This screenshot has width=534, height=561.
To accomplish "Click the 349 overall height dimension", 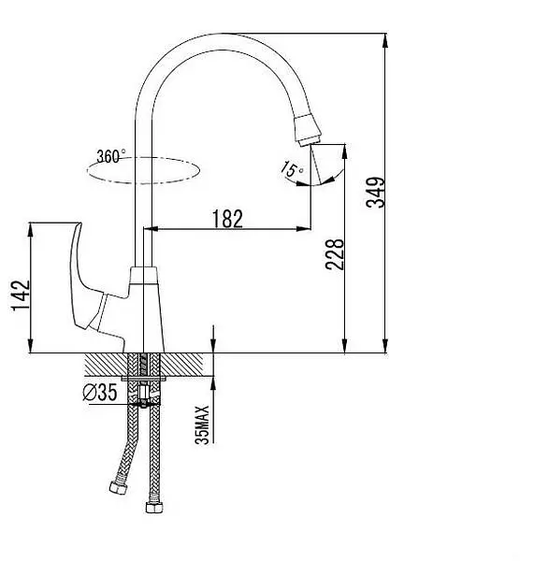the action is click(375, 192).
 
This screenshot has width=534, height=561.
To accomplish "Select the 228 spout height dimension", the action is click(335, 254).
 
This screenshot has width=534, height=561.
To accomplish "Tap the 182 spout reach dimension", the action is click(227, 219).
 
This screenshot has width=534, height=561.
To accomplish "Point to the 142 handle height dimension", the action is click(21, 295).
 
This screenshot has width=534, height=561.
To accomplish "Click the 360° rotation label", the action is click(111, 156).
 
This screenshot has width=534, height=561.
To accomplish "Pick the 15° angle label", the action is click(292, 169).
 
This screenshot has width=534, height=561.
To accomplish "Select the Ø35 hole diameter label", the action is click(100, 392).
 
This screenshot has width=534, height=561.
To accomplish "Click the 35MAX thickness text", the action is click(202, 424).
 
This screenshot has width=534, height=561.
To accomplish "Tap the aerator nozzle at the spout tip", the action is click(307, 131).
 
